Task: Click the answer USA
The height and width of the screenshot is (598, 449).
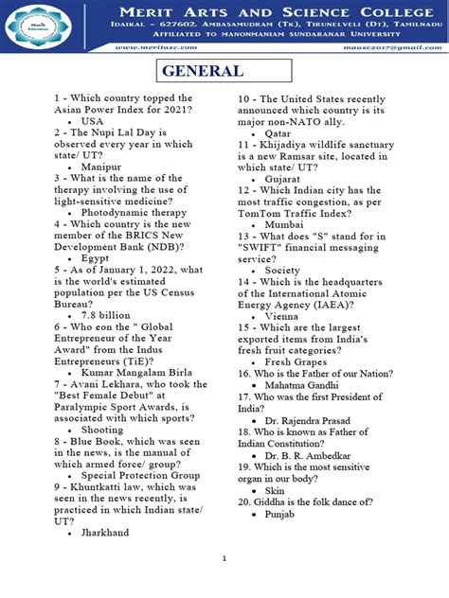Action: pyautogui.click(x=92, y=122)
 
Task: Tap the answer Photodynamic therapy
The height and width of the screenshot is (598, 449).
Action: pyautogui.click(x=134, y=213)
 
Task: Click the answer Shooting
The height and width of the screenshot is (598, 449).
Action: pyautogui.click(x=102, y=430)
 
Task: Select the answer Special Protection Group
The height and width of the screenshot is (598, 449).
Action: pyautogui.click(x=140, y=475)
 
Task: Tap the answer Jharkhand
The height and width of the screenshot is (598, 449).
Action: pyautogui.click(x=106, y=533)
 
